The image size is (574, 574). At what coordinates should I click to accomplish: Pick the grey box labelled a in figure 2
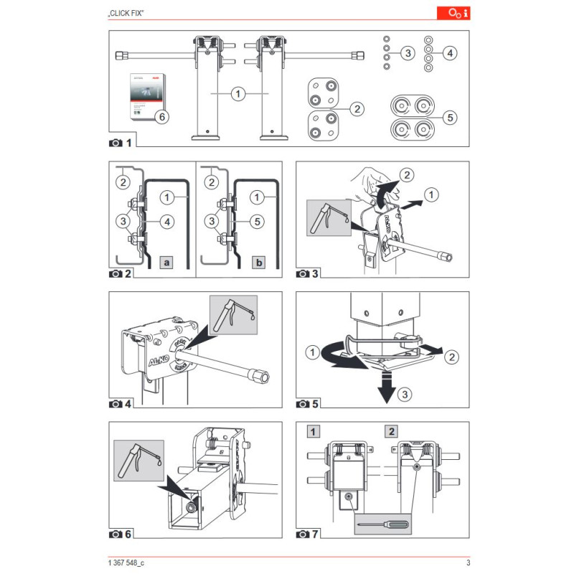166,263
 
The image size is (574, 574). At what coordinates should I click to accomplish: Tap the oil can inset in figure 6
138,461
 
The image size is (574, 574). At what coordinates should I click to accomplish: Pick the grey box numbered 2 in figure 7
391,431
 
